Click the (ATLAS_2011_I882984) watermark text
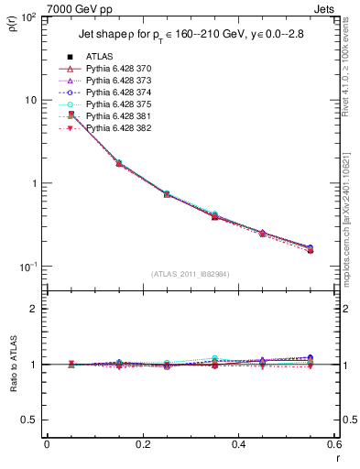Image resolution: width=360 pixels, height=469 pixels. pos(191,273)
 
